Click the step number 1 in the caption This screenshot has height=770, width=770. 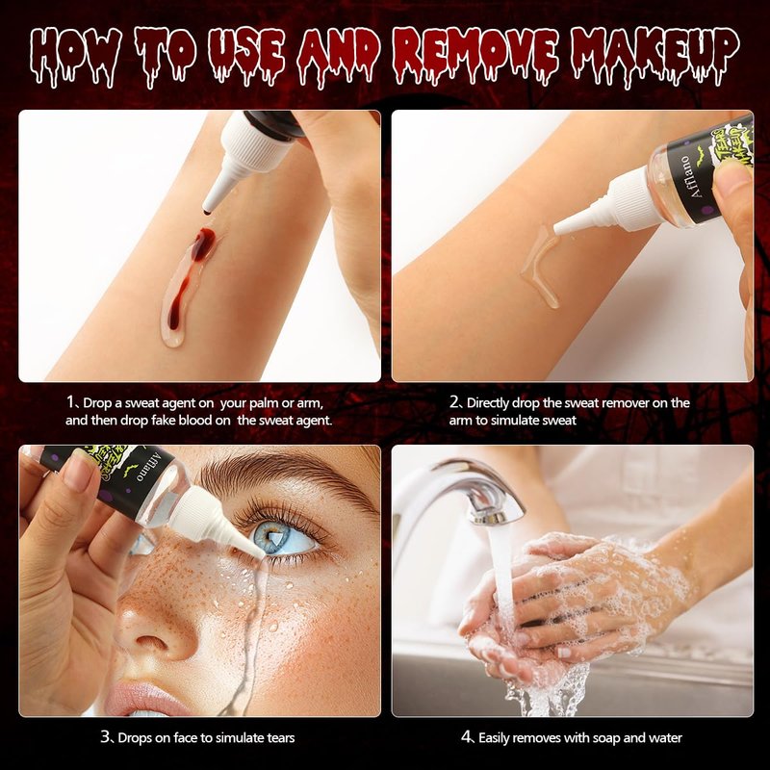click(70, 402)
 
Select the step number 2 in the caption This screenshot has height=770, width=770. click(453, 402)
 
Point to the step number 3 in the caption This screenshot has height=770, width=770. click(105, 737)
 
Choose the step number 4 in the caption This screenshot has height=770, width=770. click(466, 737)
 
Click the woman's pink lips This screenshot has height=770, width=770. click(147, 699)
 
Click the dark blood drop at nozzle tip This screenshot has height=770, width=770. click(207, 212)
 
